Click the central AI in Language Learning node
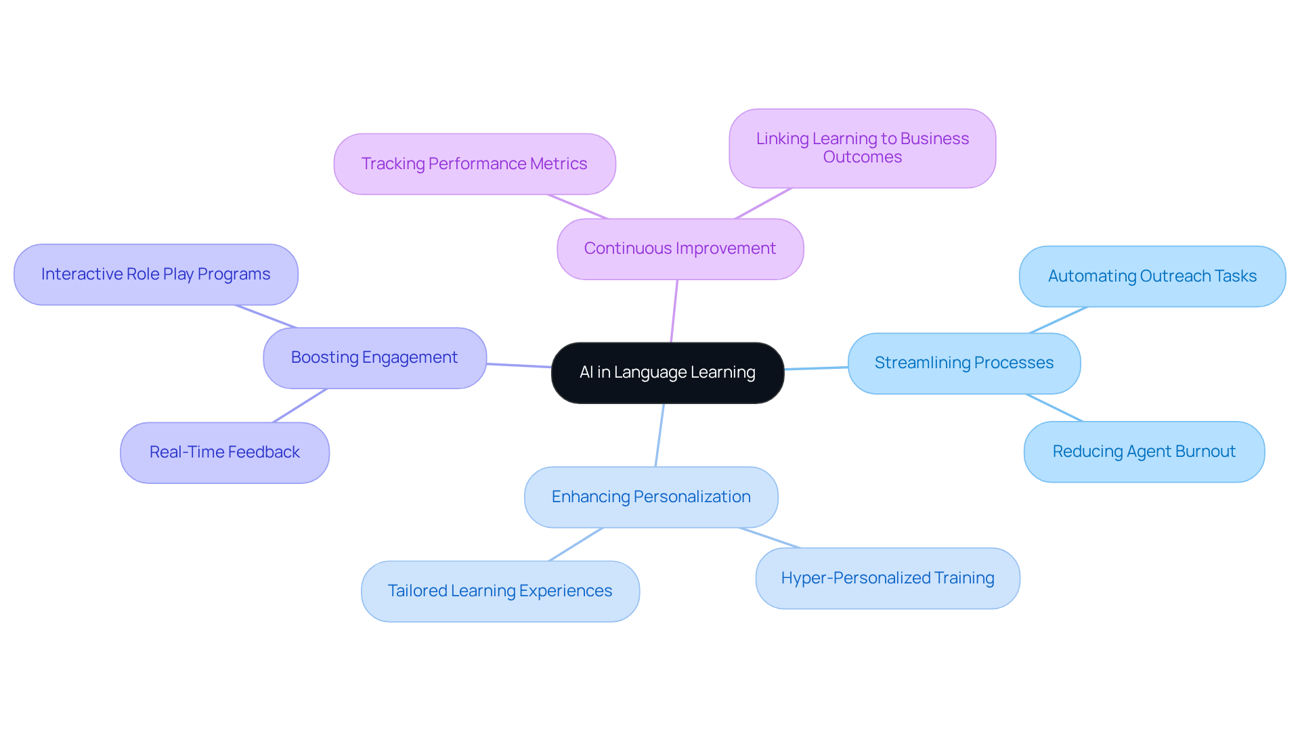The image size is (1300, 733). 667,372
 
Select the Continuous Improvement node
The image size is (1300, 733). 680,248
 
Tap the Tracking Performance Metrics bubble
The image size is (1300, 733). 474,164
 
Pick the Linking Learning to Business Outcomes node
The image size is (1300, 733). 862,148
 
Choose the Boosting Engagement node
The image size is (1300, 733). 374,357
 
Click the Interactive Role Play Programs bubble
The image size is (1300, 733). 156,274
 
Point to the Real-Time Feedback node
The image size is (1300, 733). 224,452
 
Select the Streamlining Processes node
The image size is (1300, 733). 963,363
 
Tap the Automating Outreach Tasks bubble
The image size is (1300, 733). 1152,276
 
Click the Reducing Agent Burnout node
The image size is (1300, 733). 1144,451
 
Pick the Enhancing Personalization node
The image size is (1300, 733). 651,497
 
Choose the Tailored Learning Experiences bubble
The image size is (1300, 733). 500,591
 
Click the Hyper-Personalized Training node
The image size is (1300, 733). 887,578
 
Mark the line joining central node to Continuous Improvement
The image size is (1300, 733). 674,311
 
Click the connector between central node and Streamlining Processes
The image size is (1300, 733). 816,368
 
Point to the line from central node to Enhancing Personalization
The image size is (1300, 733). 659,435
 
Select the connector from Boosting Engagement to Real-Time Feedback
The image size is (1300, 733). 300,405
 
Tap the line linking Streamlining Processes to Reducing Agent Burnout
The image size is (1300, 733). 1054,407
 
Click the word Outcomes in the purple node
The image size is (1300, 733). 862,157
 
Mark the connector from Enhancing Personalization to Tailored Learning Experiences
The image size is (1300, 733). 576,544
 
